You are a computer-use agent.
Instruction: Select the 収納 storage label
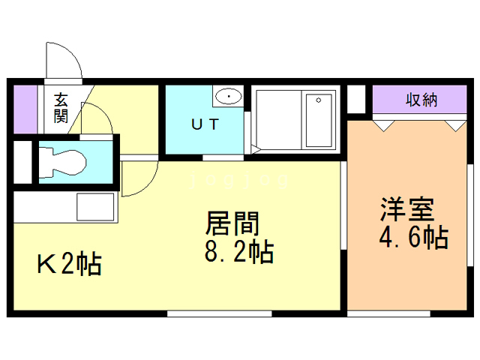(x=422, y=100)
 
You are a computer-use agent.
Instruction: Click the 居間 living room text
(x=232, y=224)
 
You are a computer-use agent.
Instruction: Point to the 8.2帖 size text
(x=238, y=252)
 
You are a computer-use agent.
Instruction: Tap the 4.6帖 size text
(x=412, y=238)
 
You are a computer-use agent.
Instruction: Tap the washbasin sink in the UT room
(x=227, y=97)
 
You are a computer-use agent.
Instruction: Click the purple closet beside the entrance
(x=25, y=109)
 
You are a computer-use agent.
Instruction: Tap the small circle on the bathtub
(x=318, y=99)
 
